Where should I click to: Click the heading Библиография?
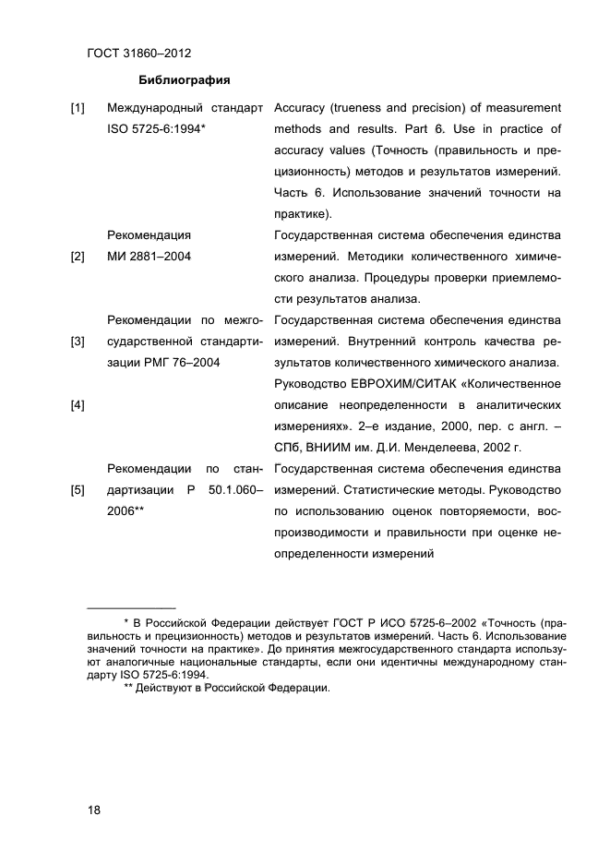coord(184,78)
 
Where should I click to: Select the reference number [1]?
coord(78,108)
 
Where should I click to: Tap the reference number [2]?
coord(78,257)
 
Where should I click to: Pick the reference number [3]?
coord(78,342)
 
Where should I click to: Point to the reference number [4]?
coord(78,405)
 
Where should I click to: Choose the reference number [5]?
coord(78,490)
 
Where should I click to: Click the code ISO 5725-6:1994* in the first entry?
coord(156,129)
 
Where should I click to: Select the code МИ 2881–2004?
coord(150,257)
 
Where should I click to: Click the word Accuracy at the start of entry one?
coord(301,108)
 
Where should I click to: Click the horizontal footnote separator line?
coord(130,608)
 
